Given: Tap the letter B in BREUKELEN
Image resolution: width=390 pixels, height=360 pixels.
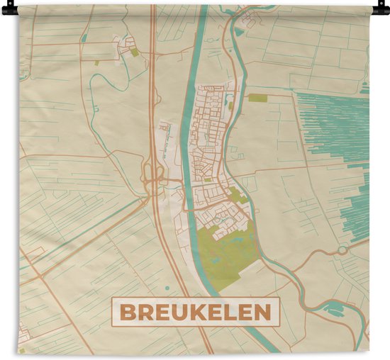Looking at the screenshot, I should (x=126, y=313).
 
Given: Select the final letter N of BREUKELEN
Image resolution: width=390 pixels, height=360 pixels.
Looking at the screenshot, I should (x=263, y=313).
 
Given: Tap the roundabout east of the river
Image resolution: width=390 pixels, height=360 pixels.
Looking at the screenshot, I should (x=343, y=249).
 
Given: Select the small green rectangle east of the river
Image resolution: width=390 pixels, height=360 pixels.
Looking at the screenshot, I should (x=257, y=98).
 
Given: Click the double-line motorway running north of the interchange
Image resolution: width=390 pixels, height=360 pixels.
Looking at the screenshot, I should (x=152, y=85).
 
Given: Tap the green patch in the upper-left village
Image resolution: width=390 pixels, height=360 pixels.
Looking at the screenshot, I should (x=134, y=52).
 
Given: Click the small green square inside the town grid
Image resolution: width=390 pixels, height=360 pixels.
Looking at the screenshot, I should (x=206, y=179).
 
